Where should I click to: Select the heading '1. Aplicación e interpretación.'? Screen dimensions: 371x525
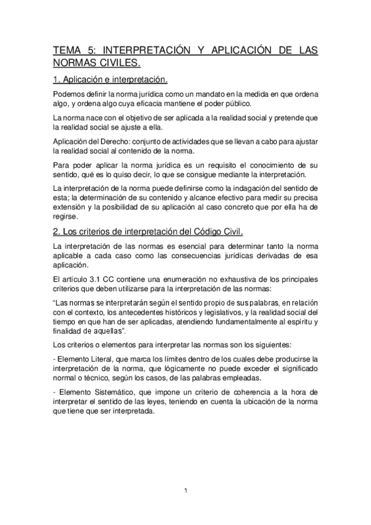click(x=110, y=80)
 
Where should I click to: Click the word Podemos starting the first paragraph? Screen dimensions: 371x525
click(x=68, y=94)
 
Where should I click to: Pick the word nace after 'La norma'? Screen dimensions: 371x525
click(x=94, y=117)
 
